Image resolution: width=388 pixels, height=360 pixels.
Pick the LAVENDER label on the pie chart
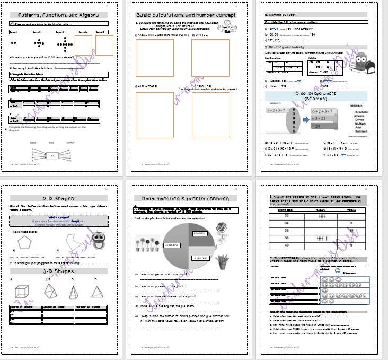coord(199,258)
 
